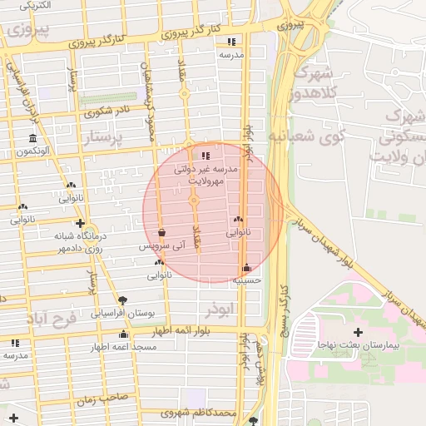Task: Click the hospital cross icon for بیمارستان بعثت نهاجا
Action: pos(358,333)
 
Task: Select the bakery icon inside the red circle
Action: pos(238,220)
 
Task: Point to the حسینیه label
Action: pos(247,280)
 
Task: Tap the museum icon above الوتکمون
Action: pos(32,137)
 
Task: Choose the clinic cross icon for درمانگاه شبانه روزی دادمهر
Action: pos(80,223)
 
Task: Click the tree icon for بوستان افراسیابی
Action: pos(123,300)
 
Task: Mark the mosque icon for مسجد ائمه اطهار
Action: pos(123,334)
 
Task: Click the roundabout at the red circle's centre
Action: pos(194,201)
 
